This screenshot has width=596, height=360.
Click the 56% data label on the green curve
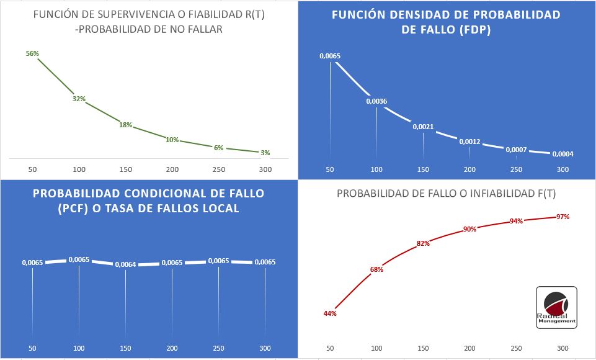[x=32, y=53]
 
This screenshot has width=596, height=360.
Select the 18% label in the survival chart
[x=126, y=125]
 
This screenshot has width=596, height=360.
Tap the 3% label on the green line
[x=265, y=152]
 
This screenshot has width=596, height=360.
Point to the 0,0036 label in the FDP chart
[x=376, y=101]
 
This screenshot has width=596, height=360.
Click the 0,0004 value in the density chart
[x=563, y=154]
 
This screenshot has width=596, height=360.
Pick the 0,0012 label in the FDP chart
[x=469, y=142]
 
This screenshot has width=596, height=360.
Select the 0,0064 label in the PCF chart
[x=125, y=264]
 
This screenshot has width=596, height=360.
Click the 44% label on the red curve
[x=330, y=313]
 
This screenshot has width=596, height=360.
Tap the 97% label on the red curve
[x=563, y=217]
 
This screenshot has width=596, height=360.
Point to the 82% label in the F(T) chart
[x=424, y=243]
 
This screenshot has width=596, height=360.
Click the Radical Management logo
[x=556, y=307]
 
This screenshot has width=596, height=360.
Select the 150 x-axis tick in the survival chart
[x=126, y=169]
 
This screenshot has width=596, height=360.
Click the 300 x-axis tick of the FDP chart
[x=563, y=169]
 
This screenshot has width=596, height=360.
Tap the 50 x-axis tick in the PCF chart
[x=33, y=348]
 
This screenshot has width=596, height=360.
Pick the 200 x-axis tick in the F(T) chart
[x=469, y=348]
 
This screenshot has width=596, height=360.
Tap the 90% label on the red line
[x=469, y=229]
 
